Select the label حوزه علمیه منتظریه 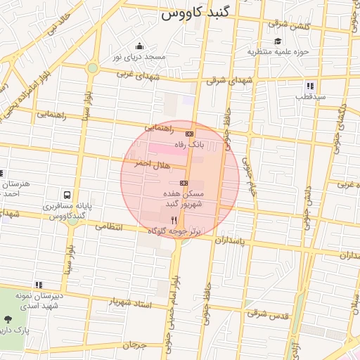(278, 51)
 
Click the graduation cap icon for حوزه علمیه (279, 41)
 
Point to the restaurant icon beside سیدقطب (311, 86)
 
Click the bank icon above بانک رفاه (189, 133)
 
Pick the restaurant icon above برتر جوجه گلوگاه (174, 220)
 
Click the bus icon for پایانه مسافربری (67, 194)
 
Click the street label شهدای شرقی (227, 80)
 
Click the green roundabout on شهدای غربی (92, 68)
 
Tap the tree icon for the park (17, 319)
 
